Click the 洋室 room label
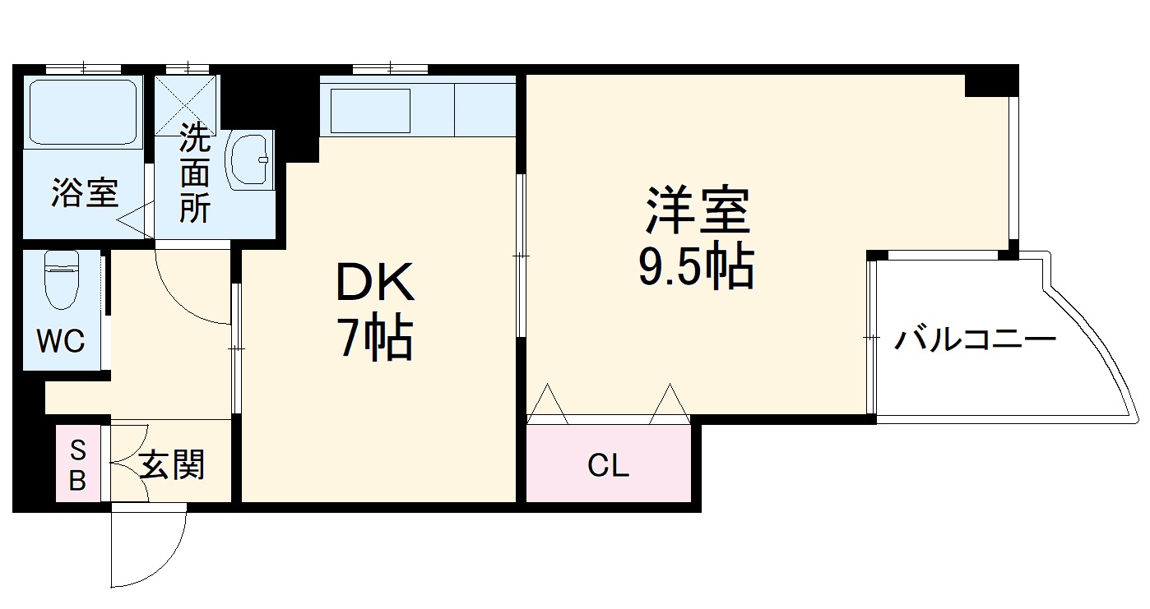click(x=698, y=212)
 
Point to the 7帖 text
click(x=375, y=338)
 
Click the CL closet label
click(x=608, y=466)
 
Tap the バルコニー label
click(x=975, y=339)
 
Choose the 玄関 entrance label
click(x=171, y=466)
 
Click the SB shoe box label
click(x=77, y=465)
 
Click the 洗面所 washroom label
click(x=195, y=174)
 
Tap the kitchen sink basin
click(x=370, y=110)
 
